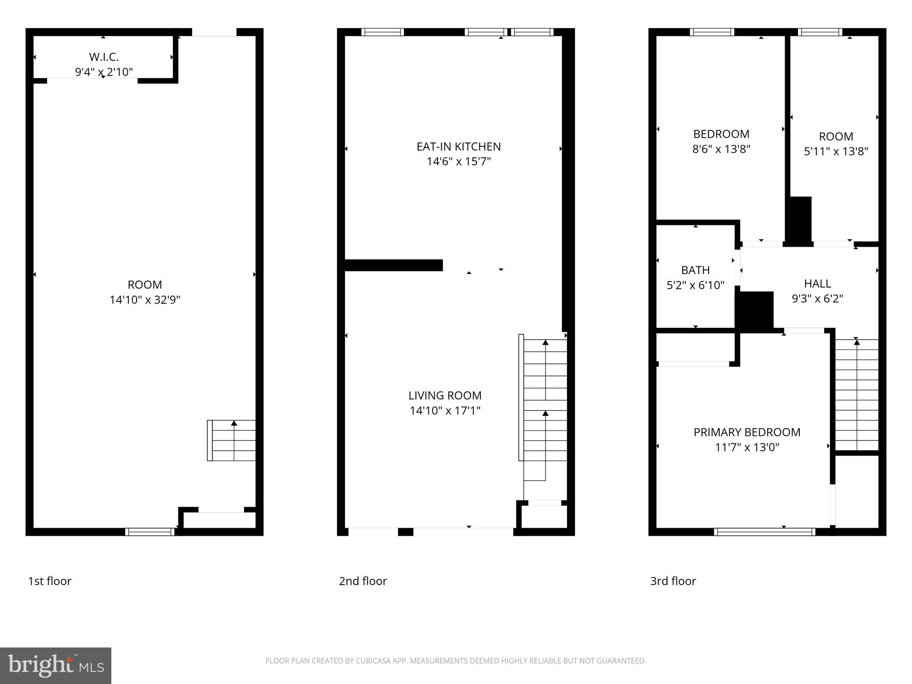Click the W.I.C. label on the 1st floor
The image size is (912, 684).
[x=104, y=57]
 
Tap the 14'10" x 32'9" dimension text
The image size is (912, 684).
[x=145, y=300]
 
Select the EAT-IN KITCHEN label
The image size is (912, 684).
[x=458, y=147]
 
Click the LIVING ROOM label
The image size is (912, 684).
[x=445, y=395]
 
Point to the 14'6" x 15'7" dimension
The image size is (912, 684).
[x=458, y=161]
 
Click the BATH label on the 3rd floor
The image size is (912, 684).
[x=695, y=270]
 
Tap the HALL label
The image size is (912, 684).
[x=817, y=284]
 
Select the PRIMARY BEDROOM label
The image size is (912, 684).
[x=747, y=432]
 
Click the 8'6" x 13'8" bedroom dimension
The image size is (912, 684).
[x=721, y=149]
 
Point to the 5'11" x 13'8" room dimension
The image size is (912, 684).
[x=836, y=151]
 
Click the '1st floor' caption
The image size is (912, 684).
[x=49, y=581]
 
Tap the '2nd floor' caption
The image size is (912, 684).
[x=362, y=581]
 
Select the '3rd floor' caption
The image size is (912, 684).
[x=672, y=581]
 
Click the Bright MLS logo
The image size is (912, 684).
[x=56, y=666]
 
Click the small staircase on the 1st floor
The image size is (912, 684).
[x=232, y=440]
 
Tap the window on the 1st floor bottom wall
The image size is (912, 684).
[x=150, y=532]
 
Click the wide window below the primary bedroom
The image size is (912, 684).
[x=765, y=532]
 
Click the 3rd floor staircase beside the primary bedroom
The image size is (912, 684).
[x=856, y=395]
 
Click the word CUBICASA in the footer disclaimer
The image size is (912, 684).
[x=373, y=661]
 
